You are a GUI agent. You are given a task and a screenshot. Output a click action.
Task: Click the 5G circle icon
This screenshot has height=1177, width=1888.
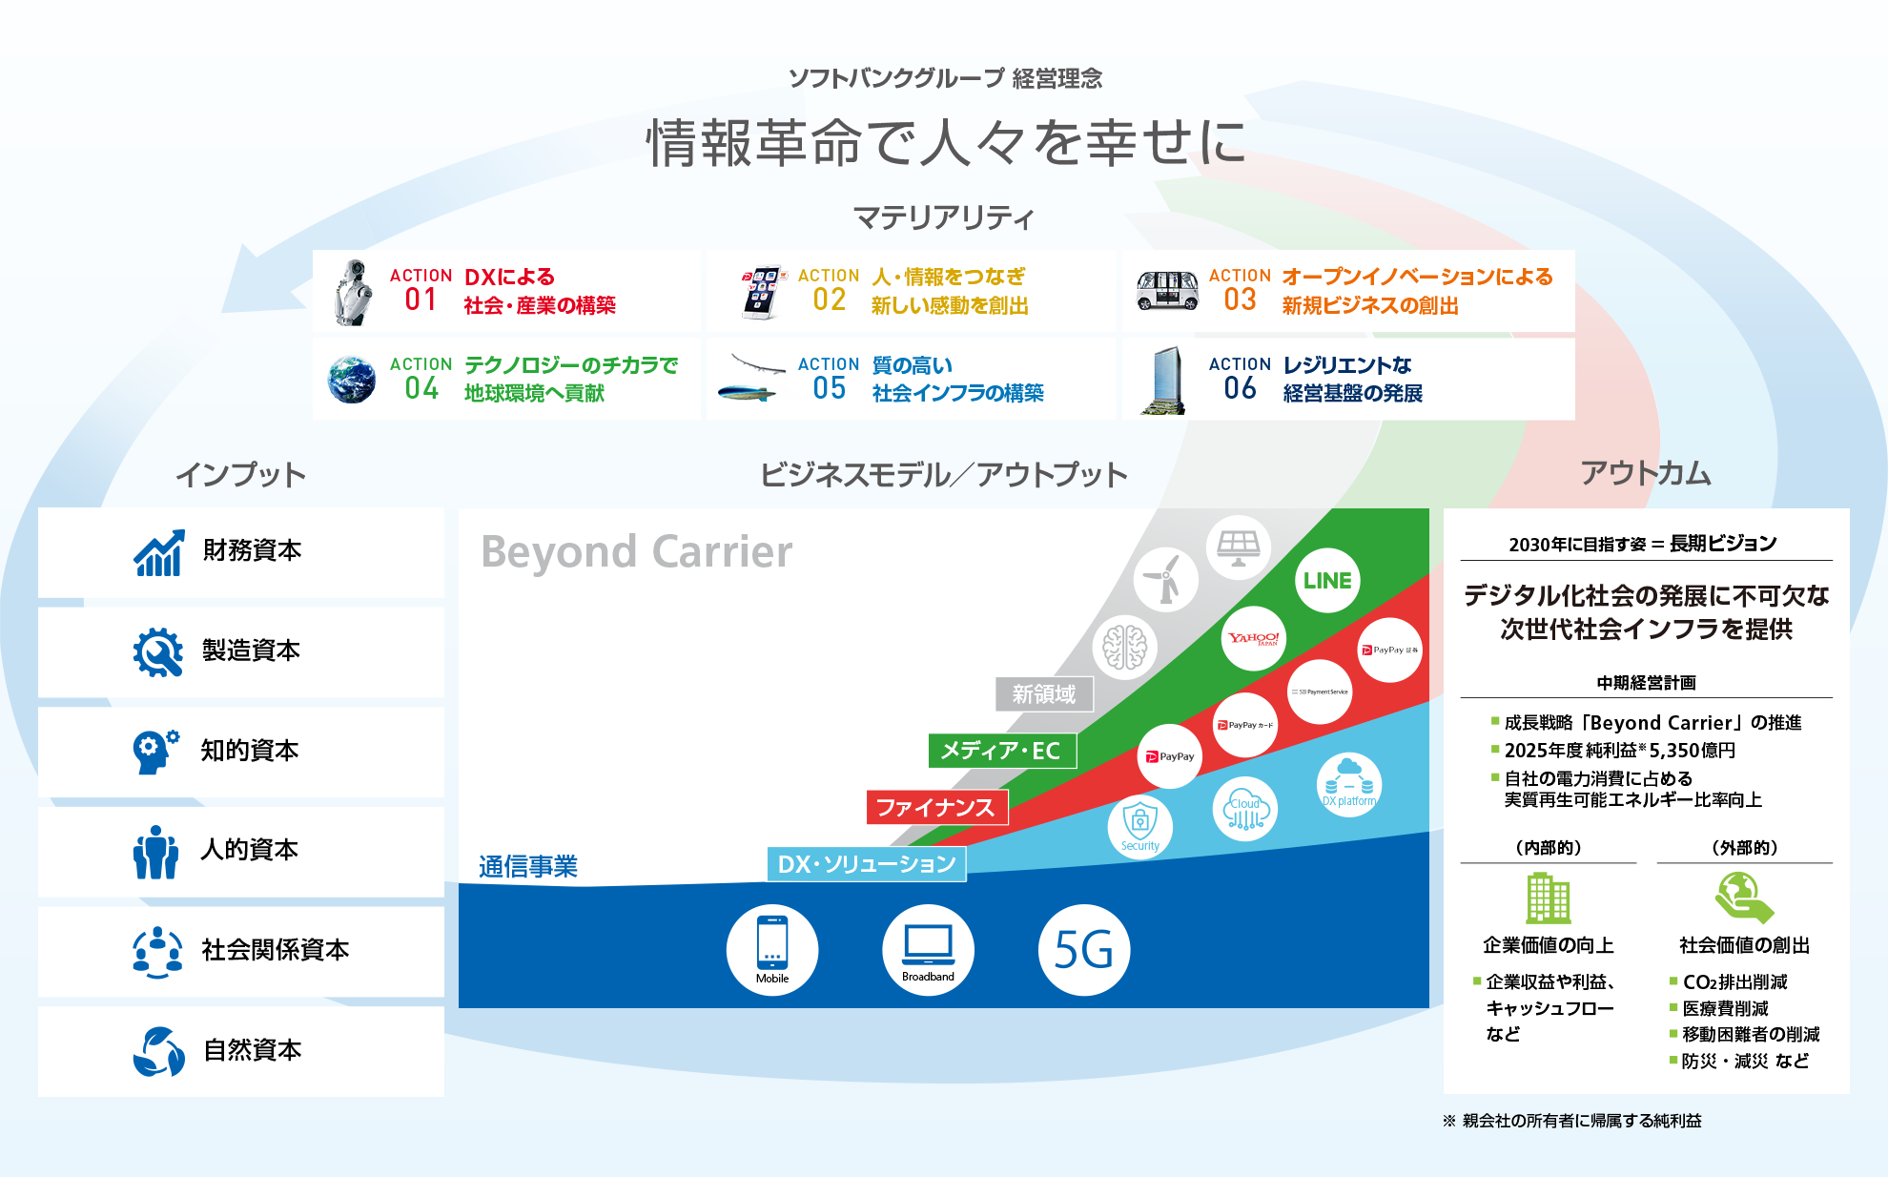pyautogui.click(x=1084, y=950)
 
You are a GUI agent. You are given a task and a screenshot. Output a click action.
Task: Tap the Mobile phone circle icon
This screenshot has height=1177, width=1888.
pyautogui.click(x=772, y=950)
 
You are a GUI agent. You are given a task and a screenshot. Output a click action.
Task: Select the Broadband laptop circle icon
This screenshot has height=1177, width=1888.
pyautogui.click(x=928, y=950)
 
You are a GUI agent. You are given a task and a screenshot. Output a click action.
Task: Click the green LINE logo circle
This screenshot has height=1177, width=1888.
pyautogui.click(x=1327, y=581)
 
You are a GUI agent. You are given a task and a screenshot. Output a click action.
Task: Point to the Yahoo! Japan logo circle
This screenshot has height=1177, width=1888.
pyautogui.click(x=1254, y=638)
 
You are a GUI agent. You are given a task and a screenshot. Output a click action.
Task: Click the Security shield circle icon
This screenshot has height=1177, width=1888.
pyautogui.click(x=1140, y=827)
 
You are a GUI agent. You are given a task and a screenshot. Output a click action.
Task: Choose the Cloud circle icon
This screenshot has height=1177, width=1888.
pyautogui.click(x=1245, y=810)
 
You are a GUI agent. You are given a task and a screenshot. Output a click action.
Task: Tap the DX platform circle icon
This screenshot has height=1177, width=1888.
pyautogui.click(x=1349, y=785)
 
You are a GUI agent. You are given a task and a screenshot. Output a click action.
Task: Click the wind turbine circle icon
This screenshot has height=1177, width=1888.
pyautogui.click(x=1165, y=580)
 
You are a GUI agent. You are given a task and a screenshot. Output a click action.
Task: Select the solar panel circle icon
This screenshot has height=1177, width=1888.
pyautogui.click(x=1239, y=547)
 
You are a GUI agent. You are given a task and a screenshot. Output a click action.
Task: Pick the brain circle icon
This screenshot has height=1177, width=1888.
pyautogui.click(x=1125, y=647)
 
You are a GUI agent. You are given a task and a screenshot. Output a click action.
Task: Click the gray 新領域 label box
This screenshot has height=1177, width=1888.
pyautogui.click(x=1044, y=694)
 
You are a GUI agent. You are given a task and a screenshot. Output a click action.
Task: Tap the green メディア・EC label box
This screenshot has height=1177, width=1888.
pyautogui.click(x=1001, y=751)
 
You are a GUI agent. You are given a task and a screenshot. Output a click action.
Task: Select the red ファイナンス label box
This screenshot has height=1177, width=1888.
pyautogui.click(x=936, y=808)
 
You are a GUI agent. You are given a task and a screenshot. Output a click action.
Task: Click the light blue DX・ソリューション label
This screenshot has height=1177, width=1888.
pyautogui.click(x=867, y=864)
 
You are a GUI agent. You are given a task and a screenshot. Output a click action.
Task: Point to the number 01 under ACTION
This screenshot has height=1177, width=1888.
pyautogui.click(x=421, y=299)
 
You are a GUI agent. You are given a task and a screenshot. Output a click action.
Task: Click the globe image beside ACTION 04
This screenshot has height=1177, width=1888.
pyautogui.click(x=352, y=380)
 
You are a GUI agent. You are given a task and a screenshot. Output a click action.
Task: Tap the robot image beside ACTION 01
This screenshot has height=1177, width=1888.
pyautogui.click(x=353, y=292)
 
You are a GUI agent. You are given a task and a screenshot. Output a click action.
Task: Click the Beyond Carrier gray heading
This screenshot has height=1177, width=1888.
pyautogui.click(x=637, y=552)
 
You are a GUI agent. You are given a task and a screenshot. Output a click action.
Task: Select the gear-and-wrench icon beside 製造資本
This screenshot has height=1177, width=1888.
pyautogui.click(x=158, y=652)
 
